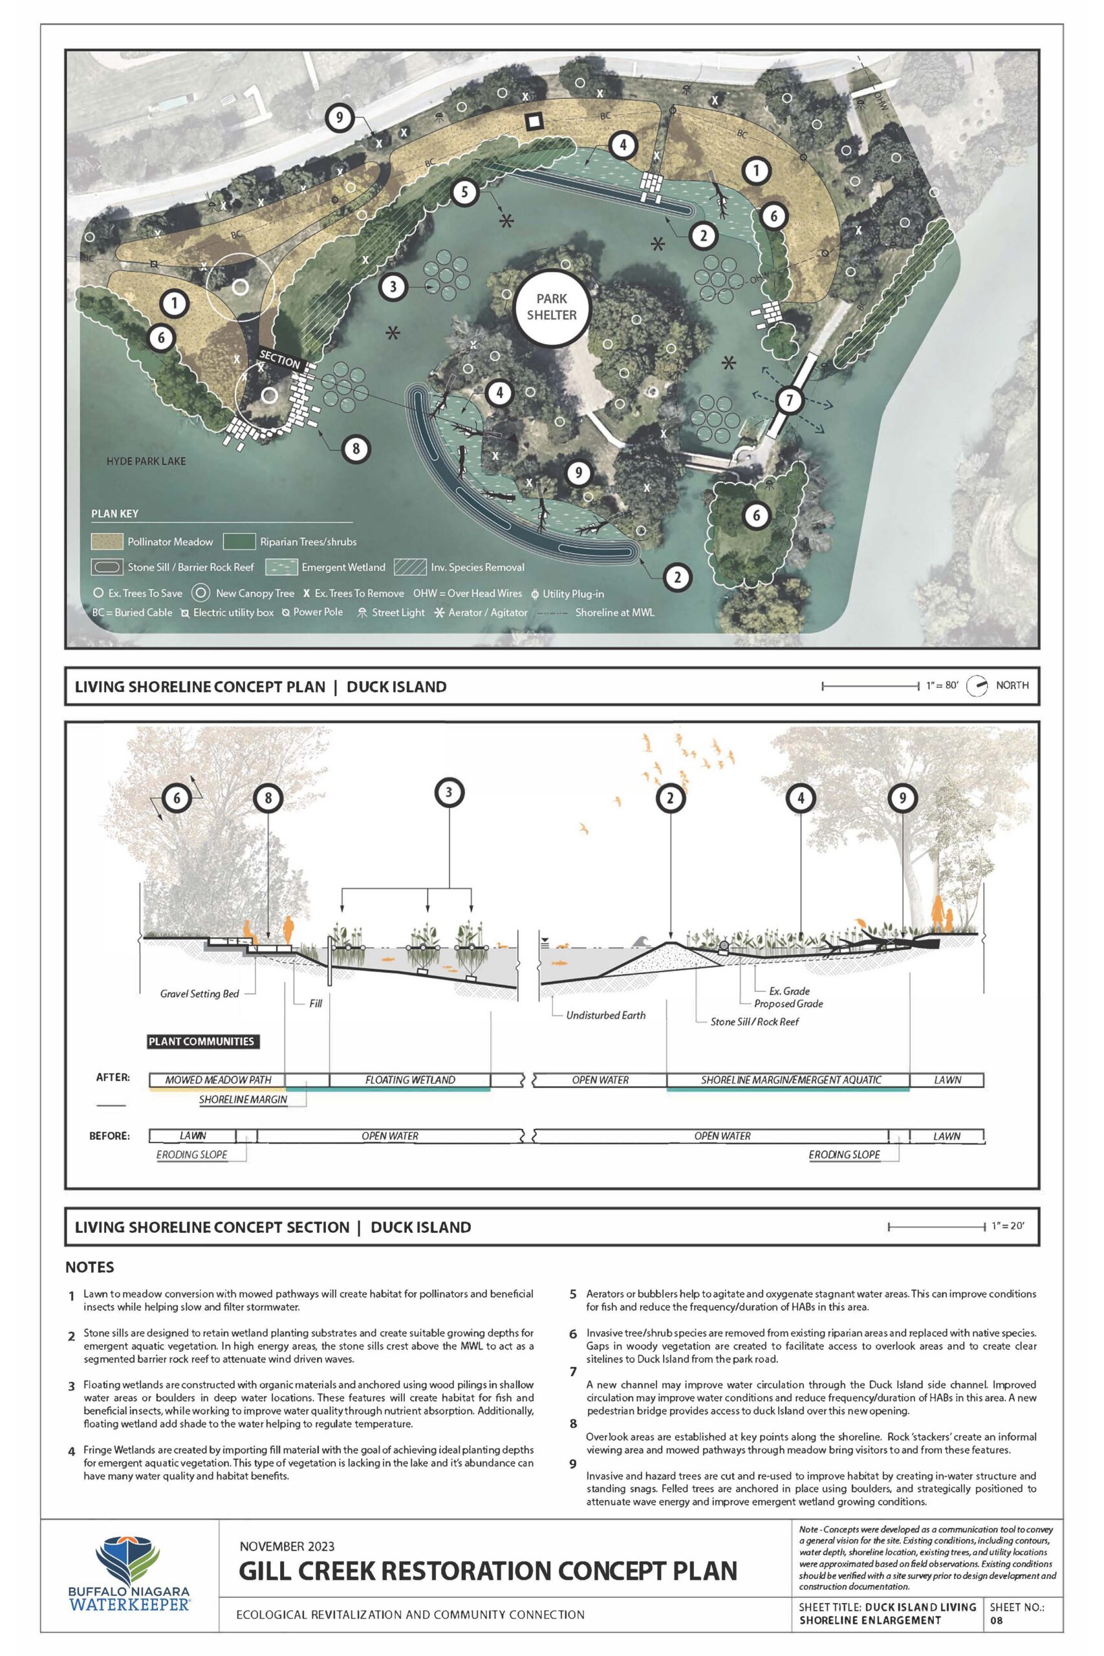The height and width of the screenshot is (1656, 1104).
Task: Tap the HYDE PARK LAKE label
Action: (x=146, y=461)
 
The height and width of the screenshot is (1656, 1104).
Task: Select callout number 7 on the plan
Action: (x=789, y=400)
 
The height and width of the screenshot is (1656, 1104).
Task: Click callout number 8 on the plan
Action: (x=356, y=448)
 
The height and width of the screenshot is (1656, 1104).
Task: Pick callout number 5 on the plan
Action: (x=465, y=191)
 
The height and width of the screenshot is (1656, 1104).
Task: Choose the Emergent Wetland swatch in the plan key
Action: (x=281, y=567)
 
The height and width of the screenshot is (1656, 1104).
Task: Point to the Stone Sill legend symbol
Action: (x=105, y=567)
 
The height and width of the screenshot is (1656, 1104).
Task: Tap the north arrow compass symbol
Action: (x=977, y=686)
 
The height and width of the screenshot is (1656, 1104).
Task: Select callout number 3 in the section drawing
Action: (x=448, y=792)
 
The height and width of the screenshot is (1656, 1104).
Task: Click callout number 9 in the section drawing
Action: (x=903, y=798)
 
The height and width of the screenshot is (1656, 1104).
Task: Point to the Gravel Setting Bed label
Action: (x=199, y=994)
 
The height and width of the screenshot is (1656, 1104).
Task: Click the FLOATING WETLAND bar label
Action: (x=410, y=1080)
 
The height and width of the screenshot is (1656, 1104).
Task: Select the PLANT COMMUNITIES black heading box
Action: (x=201, y=1041)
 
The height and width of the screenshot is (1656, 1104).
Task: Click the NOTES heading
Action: (x=89, y=1267)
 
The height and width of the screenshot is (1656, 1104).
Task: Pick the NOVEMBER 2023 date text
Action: (x=287, y=1547)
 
